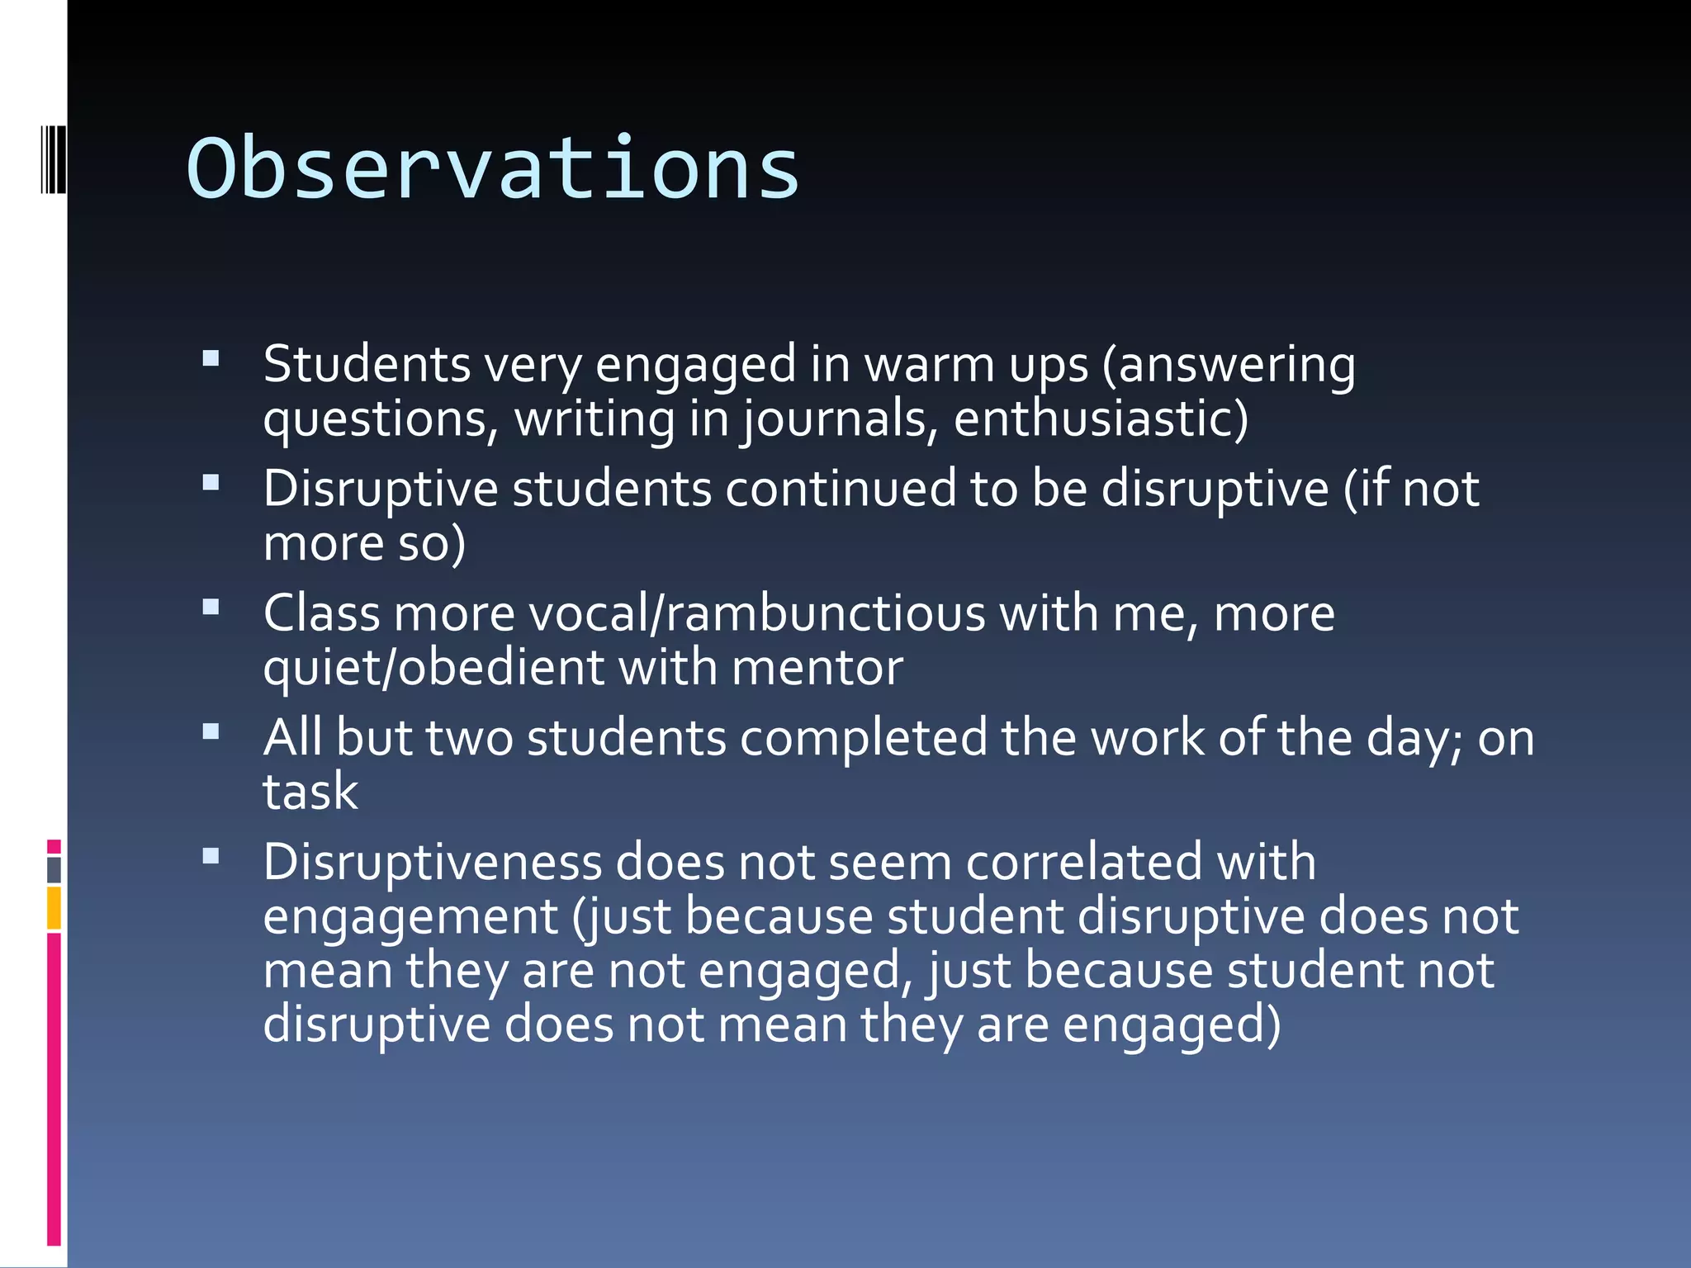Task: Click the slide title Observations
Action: coord(493,169)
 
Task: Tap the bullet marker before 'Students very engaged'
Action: coord(211,358)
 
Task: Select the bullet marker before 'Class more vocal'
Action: coord(211,608)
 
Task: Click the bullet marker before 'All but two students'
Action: coord(211,731)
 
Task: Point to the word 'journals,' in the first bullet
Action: coord(839,419)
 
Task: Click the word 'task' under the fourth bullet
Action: coord(310,792)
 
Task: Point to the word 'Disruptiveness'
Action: coord(433,863)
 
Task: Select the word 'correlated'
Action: coord(1083,863)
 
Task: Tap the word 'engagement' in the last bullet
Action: coord(410,917)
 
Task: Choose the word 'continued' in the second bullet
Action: coord(840,489)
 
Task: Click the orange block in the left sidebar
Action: coord(54,908)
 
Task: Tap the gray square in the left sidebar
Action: coord(54,869)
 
